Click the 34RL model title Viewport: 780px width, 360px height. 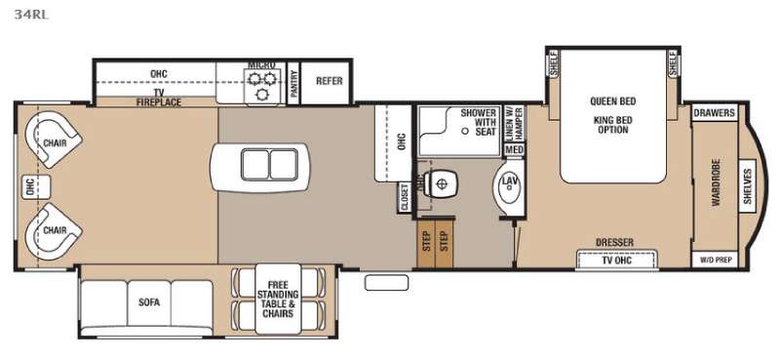pyautogui.click(x=31, y=15)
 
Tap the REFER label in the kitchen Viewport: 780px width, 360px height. pyautogui.click(x=330, y=81)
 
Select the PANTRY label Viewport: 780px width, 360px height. pyautogui.click(x=293, y=83)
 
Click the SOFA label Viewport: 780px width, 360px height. pyautogui.click(x=149, y=302)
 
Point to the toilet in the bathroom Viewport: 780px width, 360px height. pyautogui.click(x=440, y=183)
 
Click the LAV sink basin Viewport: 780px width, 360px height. pyautogui.click(x=507, y=186)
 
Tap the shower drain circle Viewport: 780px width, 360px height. pyautogui.click(x=465, y=131)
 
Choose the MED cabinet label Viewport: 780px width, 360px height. pyautogui.click(x=515, y=149)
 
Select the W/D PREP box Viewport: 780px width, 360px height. pyautogui.click(x=715, y=260)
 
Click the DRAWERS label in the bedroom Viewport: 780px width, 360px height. pyautogui.click(x=715, y=112)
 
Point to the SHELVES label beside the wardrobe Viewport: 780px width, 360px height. pyautogui.click(x=747, y=185)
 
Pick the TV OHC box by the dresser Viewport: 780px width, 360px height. pyautogui.click(x=617, y=260)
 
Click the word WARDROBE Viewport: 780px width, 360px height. pyautogui.click(x=716, y=182)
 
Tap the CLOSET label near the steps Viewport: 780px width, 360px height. pyautogui.click(x=405, y=197)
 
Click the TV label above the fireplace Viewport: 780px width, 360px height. pyautogui.click(x=159, y=93)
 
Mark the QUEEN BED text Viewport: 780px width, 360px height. pyautogui.click(x=613, y=101)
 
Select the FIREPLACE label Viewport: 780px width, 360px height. pyautogui.click(x=159, y=102)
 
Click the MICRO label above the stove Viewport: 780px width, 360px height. pyautogui.click(x=261, y=65)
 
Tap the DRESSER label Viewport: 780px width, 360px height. pyautogui.click(x=615, y=243)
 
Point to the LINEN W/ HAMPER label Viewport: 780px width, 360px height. pyautogui.click(x=515, y=124)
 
